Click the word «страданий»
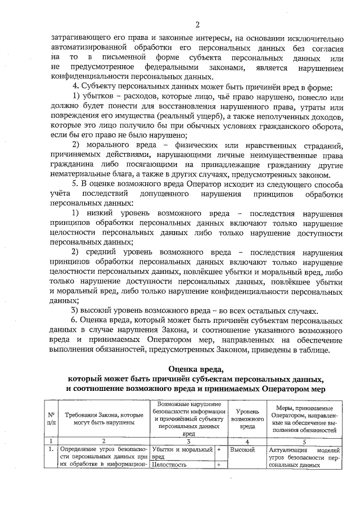319,146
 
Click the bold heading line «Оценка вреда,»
195,369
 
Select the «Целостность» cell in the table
169,465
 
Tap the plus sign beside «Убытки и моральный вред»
219,450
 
